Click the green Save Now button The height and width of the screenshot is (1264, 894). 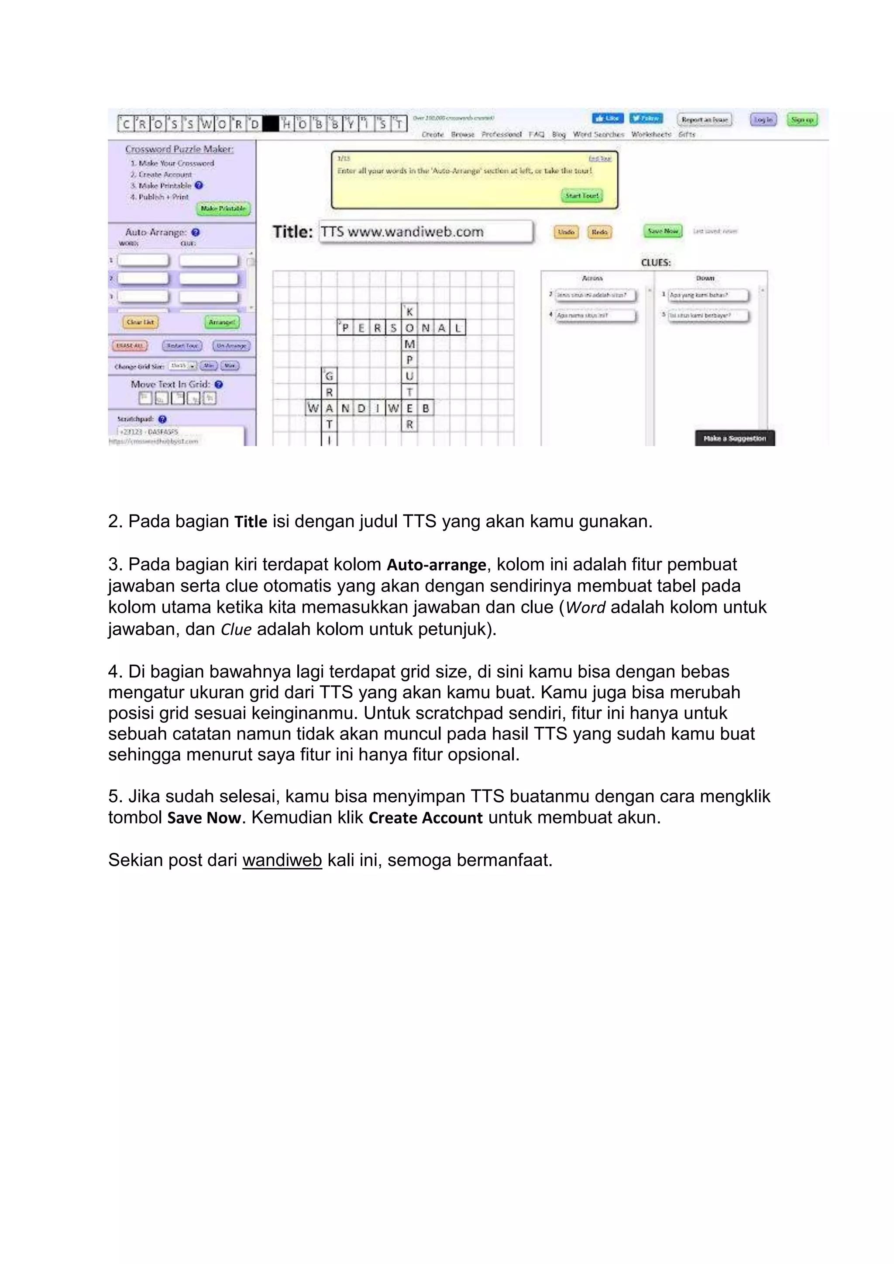point(663,231)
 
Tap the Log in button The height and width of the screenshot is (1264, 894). point(763,120)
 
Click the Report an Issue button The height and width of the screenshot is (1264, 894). point(704,120)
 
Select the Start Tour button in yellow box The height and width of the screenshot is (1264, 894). point(582,196)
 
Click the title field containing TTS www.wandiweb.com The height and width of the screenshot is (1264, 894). point(426,232)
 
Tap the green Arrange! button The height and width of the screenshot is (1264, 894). point(222,322)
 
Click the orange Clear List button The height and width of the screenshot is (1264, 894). point(141,322)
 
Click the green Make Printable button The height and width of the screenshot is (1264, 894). point(223,209)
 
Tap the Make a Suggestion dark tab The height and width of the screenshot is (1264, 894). point(734,438)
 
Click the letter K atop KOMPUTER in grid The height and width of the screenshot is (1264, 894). point(409,312)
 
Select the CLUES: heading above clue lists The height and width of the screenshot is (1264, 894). point(656,263)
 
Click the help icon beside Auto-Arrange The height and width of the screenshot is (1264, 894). point(196,232)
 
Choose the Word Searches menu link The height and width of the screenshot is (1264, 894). point(598,134)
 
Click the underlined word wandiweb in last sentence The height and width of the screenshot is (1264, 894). point(282,860)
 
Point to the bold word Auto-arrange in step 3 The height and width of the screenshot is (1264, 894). point(437,565)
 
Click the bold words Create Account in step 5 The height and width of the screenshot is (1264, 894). point(426,817)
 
